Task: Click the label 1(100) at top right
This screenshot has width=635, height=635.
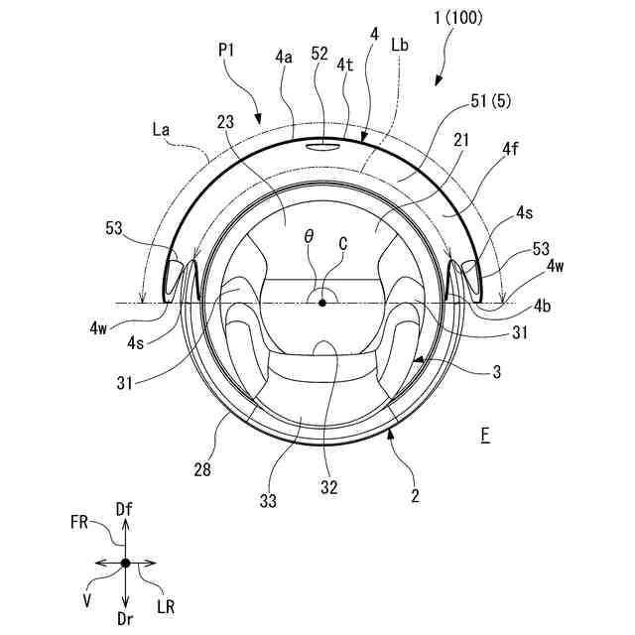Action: coord(458,21)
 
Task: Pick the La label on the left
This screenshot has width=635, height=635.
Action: coord(162,128)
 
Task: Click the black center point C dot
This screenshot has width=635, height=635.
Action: coord(322,303)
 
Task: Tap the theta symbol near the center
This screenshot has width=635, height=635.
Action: coord(309,238)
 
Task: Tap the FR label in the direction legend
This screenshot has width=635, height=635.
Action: coord(82,519)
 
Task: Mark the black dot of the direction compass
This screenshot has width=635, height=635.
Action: coord(125,563)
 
